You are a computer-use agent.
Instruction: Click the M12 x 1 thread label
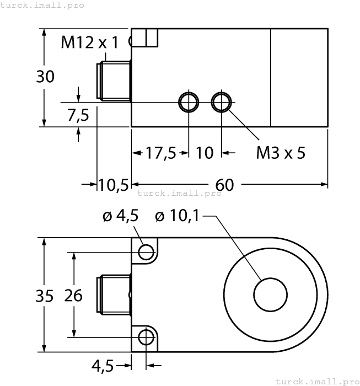coord(89,42)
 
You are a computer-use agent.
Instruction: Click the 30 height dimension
coord(45,77)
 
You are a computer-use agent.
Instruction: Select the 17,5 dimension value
coord(160,153)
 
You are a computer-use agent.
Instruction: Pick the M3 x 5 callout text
coord(280,153)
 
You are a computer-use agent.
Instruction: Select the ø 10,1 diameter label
coord(177,217)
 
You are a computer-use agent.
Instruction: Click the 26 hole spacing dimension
coord(73,296)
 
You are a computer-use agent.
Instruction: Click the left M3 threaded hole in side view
coord(188,102)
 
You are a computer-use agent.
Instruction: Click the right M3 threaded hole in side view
coord(222,102)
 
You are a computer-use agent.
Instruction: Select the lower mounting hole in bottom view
coord(146,336)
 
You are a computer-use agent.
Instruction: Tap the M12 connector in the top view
coord(114,81)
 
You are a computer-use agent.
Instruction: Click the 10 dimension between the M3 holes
coord(205,153)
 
